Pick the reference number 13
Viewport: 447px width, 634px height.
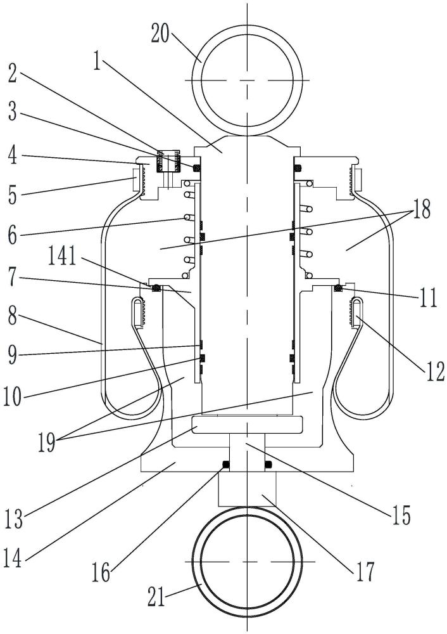(14, 519)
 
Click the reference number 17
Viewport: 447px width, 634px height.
(366, 571)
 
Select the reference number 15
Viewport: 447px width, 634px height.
(401, 515)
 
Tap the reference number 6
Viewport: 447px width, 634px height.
(13, 235)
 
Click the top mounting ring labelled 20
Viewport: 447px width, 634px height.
(246, 81)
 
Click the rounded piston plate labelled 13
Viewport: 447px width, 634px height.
(247, 425)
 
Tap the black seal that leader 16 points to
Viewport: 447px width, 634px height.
(226, 466)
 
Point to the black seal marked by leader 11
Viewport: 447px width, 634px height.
(338, 288)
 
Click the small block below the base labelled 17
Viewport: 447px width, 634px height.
(247, 489)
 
